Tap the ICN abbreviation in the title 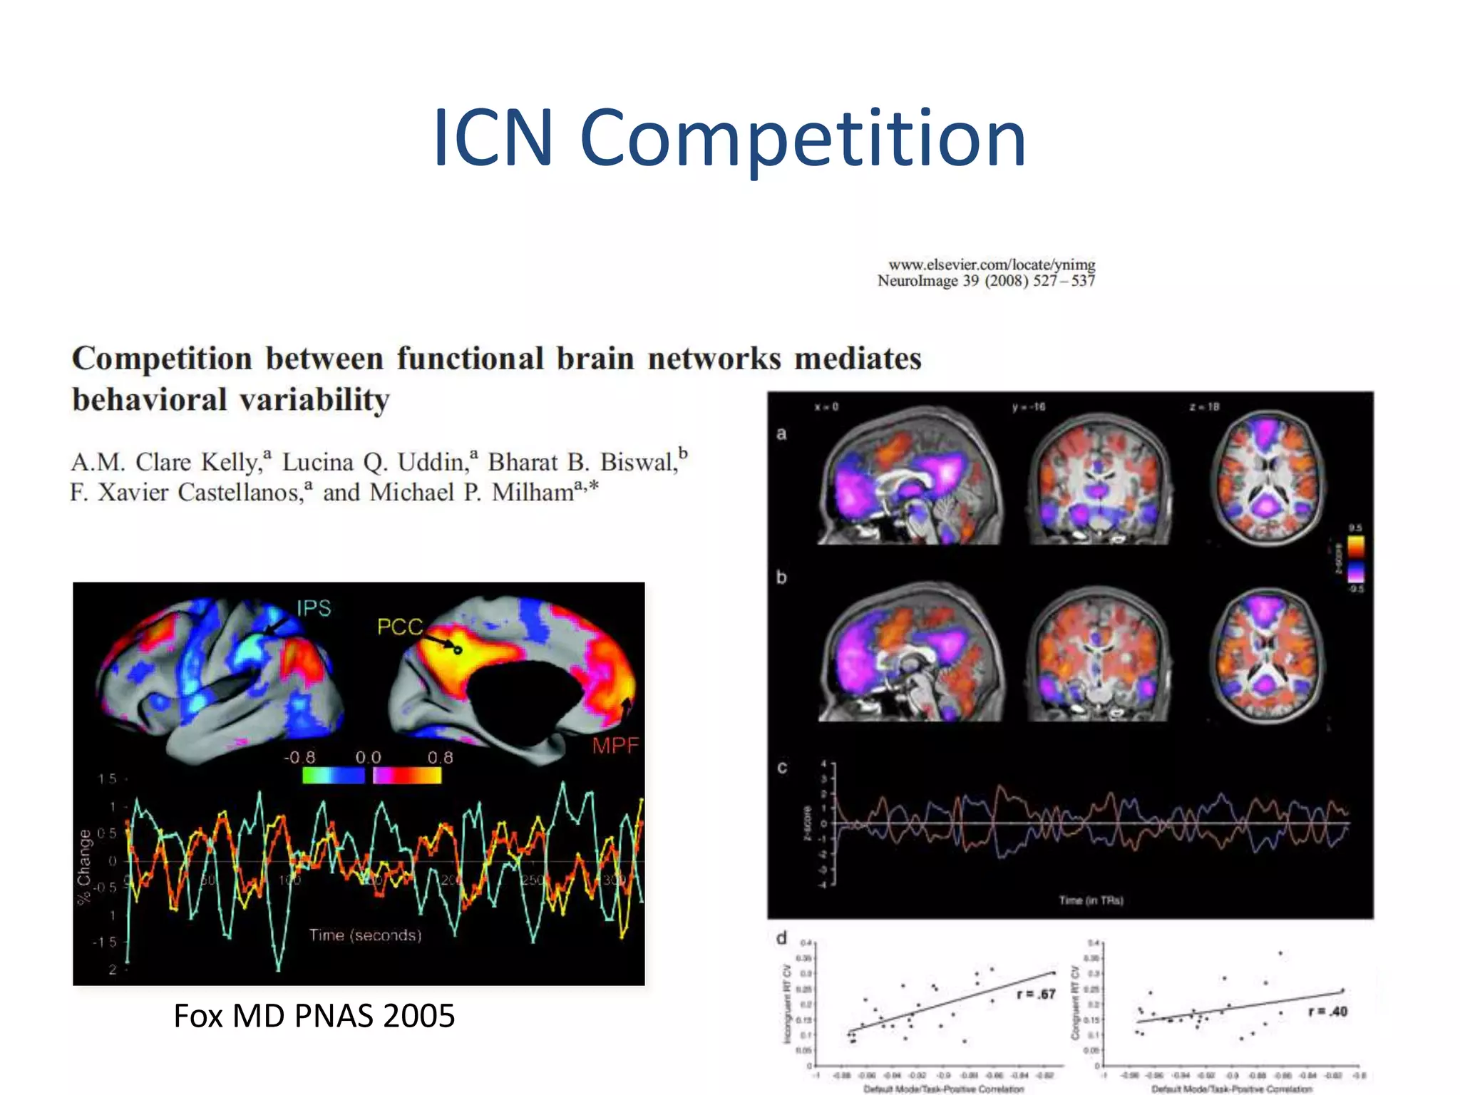(493, 138)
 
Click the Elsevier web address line (991, 265)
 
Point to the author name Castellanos (241, 493)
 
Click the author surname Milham (533, 493)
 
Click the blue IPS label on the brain (314, 608)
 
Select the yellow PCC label (399, 627)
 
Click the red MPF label (615, 746)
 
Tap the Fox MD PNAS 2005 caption (314, 1016)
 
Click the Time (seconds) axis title (365, 935)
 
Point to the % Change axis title (85, 866)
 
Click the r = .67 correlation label (1036, 994)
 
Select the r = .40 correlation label (1327, 1011)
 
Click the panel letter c (782, 768)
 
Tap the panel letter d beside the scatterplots (782, 938)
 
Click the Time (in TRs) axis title (1091, 900)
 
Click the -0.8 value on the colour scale (299, 757)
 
